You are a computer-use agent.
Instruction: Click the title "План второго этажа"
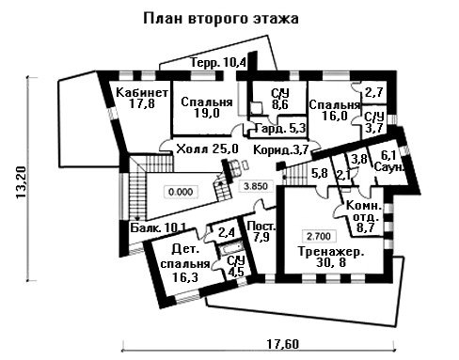point(221,19)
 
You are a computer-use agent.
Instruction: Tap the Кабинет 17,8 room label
point(142,98)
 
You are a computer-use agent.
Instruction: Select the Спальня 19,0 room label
point(207,107)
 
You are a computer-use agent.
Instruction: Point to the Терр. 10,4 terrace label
point(218,63)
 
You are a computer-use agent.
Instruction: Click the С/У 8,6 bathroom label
point(280,99)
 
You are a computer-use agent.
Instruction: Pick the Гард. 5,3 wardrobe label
point(280,128)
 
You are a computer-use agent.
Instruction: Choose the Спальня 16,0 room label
point(334,110)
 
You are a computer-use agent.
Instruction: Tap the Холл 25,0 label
point(207,149)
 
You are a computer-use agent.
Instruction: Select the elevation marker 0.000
point(181,192)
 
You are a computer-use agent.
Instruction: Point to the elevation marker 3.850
point(256,186)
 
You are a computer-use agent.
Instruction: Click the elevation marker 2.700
point(319,236)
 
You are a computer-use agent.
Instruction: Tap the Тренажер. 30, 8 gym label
point(331,257)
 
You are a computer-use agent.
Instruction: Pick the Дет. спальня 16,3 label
point(185,263)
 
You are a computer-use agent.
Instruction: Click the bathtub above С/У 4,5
point(229,248)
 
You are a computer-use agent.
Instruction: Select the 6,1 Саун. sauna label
point(388,161)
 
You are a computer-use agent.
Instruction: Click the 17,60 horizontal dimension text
point(283,344)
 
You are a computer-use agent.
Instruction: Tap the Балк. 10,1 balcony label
point(158,227)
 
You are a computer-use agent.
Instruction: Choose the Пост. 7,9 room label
point(261,231)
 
